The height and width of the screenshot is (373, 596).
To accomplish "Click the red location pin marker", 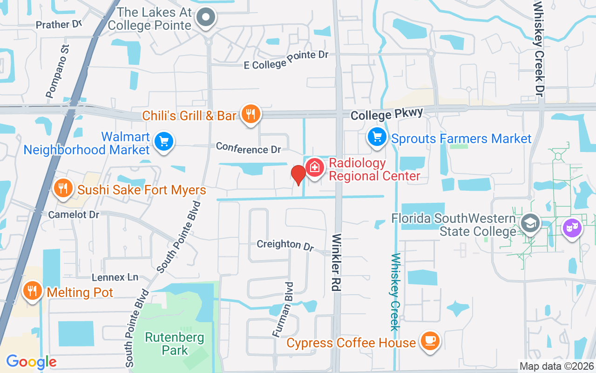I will point(298,174).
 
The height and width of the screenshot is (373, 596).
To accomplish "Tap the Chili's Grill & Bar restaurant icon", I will point(251,114).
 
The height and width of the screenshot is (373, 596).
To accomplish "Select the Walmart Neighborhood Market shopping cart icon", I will point(163,141).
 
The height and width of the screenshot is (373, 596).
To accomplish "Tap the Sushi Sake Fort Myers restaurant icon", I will point(62,188).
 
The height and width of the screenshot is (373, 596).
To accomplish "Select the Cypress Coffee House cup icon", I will point(428,341).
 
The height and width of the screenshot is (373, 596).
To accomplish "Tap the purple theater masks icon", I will point(573,228).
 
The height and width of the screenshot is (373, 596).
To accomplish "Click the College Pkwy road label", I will point(387,114).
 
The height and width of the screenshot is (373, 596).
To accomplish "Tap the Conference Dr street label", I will point(249,149).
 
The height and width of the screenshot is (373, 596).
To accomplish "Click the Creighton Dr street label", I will point(285,244).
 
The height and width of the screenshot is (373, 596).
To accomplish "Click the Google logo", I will point(31,361).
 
